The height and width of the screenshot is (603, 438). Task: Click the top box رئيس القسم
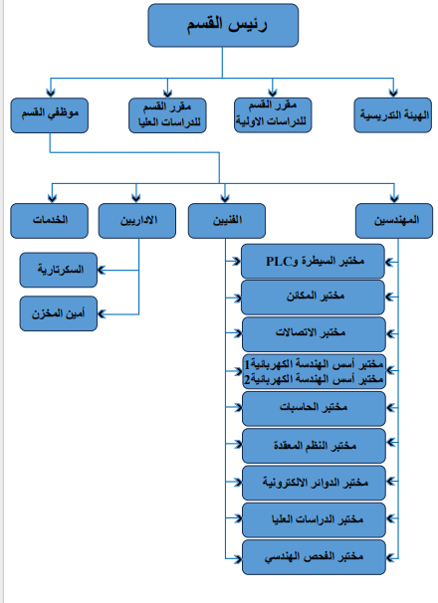[223, 26]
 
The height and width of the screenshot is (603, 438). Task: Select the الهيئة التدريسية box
[392, 115]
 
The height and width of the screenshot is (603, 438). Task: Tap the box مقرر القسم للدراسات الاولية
[273, 115]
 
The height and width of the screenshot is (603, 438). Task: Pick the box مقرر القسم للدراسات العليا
[167, 115]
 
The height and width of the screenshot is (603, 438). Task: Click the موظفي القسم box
[49, 115]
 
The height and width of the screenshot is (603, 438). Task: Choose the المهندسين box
[394, 221]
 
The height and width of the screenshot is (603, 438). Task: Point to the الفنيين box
[227, 221]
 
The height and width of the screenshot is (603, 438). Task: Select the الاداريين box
[137, 221]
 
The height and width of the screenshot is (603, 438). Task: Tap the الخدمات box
[49, 221]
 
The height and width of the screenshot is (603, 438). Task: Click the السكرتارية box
[59, 270]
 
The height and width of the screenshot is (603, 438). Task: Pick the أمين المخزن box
[59, 313]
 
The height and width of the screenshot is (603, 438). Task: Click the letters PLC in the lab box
[279, 262]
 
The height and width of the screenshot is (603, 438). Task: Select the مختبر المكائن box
[313, 298]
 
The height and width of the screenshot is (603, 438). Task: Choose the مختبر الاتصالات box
[314, 334]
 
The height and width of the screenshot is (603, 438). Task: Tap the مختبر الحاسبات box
[314, 409]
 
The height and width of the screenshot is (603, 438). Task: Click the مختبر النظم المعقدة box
[314, 446]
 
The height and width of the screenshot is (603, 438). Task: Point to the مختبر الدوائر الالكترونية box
[314, 483]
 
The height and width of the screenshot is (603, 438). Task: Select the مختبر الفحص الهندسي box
[314, 557]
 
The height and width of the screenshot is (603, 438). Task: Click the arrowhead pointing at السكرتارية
[102, 270]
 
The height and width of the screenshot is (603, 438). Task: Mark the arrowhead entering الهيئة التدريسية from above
[393, 93]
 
